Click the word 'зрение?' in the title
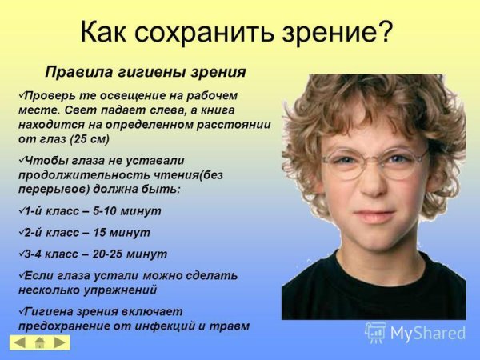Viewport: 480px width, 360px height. click(x=343, y=33)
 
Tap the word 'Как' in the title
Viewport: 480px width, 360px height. click(x=110, y=33)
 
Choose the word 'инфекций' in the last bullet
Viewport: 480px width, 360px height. click(x=147, y=326)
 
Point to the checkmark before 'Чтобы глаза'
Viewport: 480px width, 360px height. click(x=21, y=158)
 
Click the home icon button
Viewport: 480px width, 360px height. click(x=40, y=342)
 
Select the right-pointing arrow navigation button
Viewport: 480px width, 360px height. click(x=60, y=342)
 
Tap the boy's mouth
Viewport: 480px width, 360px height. click(x=371, y=215)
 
